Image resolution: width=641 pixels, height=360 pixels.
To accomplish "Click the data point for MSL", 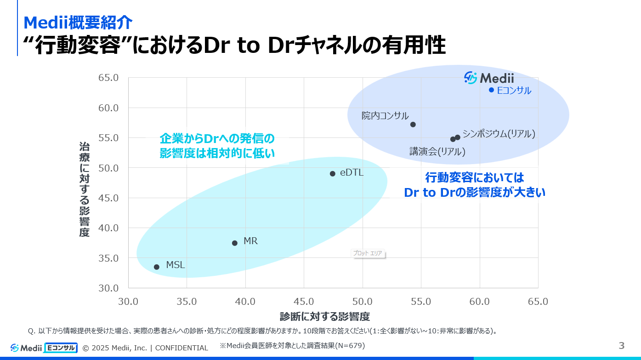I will point(157,267).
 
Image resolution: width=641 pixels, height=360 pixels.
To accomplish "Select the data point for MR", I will point(235,243).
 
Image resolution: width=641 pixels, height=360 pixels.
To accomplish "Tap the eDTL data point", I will point(333,173).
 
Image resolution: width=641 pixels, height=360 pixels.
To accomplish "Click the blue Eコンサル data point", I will point(491,90).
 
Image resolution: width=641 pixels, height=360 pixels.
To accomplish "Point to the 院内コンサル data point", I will point(413,124).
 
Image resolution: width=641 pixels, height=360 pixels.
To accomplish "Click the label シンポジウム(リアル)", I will point(499,134).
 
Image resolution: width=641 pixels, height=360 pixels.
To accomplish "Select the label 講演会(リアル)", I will point(437,152).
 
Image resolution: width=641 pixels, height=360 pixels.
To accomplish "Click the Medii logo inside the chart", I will point(489,78).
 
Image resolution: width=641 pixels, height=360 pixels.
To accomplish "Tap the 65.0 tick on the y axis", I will point(108,78).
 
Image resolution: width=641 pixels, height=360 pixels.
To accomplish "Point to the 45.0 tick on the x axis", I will point(304,302).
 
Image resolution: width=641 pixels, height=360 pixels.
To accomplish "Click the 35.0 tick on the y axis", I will point(108,258).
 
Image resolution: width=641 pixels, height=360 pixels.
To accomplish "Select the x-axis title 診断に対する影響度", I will point(325,317).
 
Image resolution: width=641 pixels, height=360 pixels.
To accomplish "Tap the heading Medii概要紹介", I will point(78,22).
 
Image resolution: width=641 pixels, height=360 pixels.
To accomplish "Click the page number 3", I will point(622,346).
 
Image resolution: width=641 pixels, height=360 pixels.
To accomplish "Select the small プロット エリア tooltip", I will point(368,253).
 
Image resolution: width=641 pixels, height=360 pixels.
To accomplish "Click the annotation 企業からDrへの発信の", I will point(217,138).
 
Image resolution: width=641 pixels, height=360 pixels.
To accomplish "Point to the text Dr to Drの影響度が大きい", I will point(475,193).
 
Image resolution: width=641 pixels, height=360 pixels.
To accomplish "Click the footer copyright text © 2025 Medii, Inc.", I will point(145,348).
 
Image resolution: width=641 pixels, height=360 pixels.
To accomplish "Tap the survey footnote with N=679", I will point(292,345).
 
